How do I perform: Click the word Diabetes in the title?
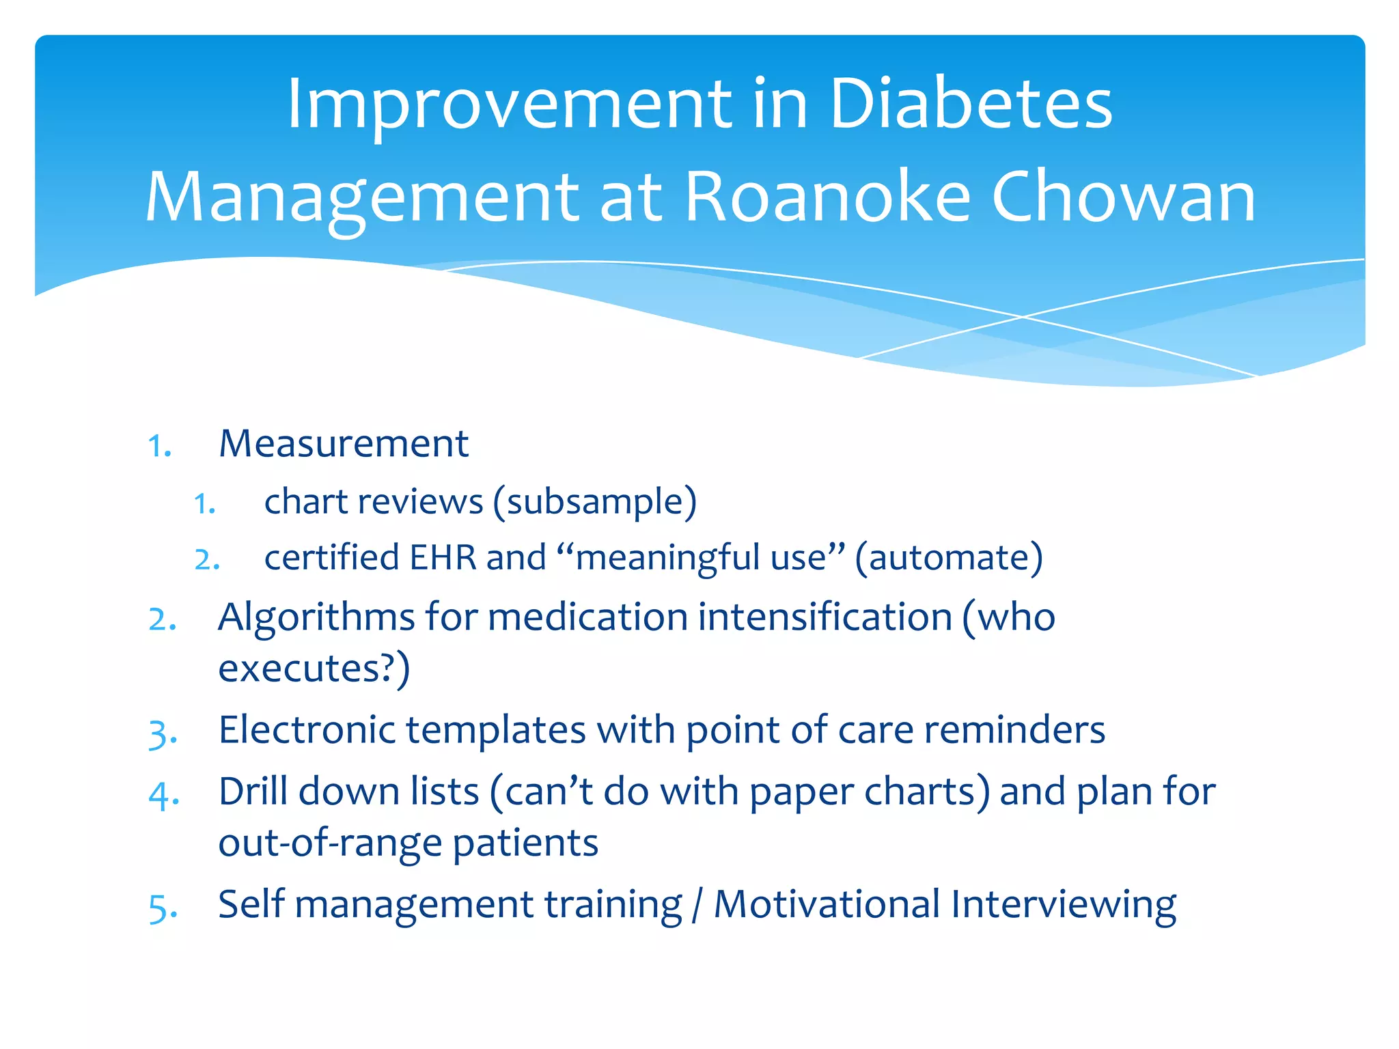[971, 104]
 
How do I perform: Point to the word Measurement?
[344, 444]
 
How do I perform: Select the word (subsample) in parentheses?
[594, 502]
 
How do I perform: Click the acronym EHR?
[443, 557]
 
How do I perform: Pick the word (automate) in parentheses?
[949, 558]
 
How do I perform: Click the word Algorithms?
[316, 617]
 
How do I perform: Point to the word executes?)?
[314, 669]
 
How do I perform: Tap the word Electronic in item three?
[307, 730]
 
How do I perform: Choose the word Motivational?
[827, 904]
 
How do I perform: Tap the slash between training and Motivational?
[696, 906]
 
